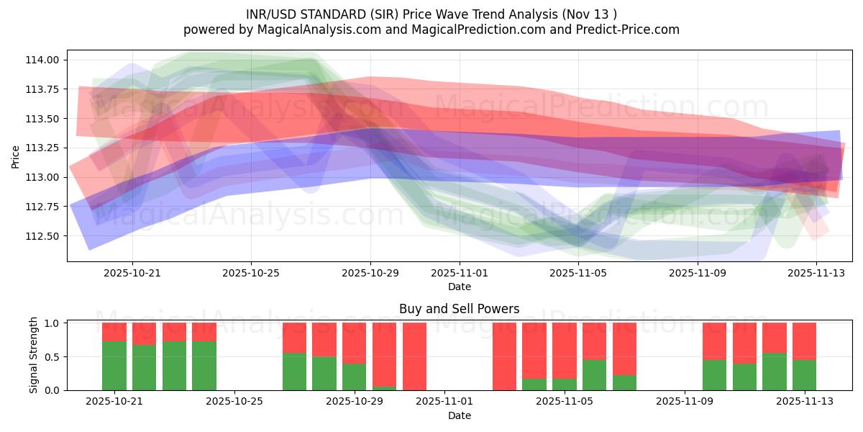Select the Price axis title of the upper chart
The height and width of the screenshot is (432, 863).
pyautogui.click(x=15, y=156)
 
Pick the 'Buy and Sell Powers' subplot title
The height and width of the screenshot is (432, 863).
pyautogui.click(x=459, y=309)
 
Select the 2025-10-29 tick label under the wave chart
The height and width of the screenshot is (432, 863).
pyautogui.click(x=370, y=273)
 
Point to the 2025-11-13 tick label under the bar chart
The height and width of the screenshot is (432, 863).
pyautogui.click(x=803, y=402)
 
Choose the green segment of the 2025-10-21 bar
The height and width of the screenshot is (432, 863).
pyautogui.click(x=114, y=366)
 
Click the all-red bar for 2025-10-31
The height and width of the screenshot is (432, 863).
pyautogui.click(x=414, y=356)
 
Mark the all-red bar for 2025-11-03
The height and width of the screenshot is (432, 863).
pyautogui.click(x=504, y=356)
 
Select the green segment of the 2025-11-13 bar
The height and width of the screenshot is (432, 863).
pyautogui.click(x=804, y=375)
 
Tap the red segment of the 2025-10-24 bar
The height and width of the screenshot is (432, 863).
pyautogui.click(x=204, y=331)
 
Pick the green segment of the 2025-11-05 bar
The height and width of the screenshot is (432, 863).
pyautogui.click(x=565, y=384)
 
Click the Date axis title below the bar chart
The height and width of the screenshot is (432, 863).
pyautogui.click(x=459, y=415)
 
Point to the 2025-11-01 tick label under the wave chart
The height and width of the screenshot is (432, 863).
pyautogui.click(x=460, y=273)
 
